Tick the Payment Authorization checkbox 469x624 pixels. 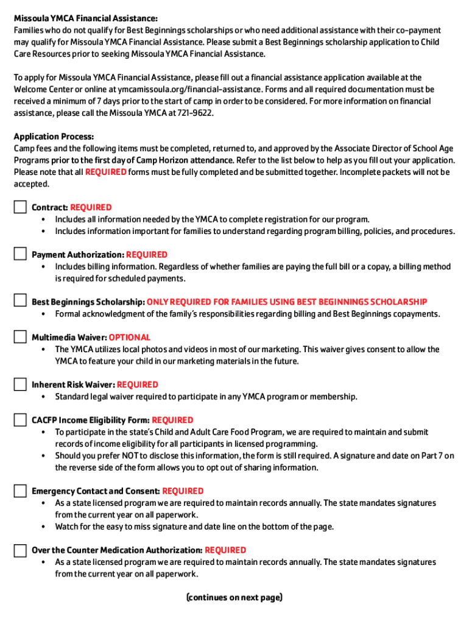[x=21, y=254]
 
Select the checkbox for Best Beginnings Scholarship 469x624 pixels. [x=21, y=301]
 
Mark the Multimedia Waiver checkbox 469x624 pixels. [x=21, y=336]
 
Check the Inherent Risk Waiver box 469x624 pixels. [x=21, y=384]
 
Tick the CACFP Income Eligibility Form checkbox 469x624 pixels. [x=21, y=419]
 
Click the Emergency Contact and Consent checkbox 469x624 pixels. [x=21, y=491]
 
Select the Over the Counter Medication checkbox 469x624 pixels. [x=21, y=550]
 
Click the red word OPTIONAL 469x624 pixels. [x=130, y=337]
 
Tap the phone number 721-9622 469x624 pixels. [x=194, y=113]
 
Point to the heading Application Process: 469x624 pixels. [x=54, y=136]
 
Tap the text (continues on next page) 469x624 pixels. [x=234, y=597]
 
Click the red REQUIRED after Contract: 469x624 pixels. [x=91, y=207]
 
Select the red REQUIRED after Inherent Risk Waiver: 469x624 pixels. [x=138, y=385]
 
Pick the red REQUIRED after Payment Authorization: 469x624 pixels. [x=147, y=255]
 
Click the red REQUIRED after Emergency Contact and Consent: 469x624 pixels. [x=183, y=491]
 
